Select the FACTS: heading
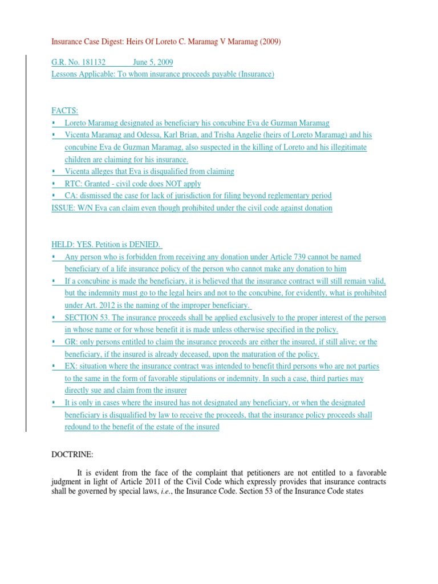[64, 110]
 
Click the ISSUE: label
[64, 208]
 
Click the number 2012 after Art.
[100, 306]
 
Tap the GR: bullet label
[71, 342]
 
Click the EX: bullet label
[71, 366]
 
